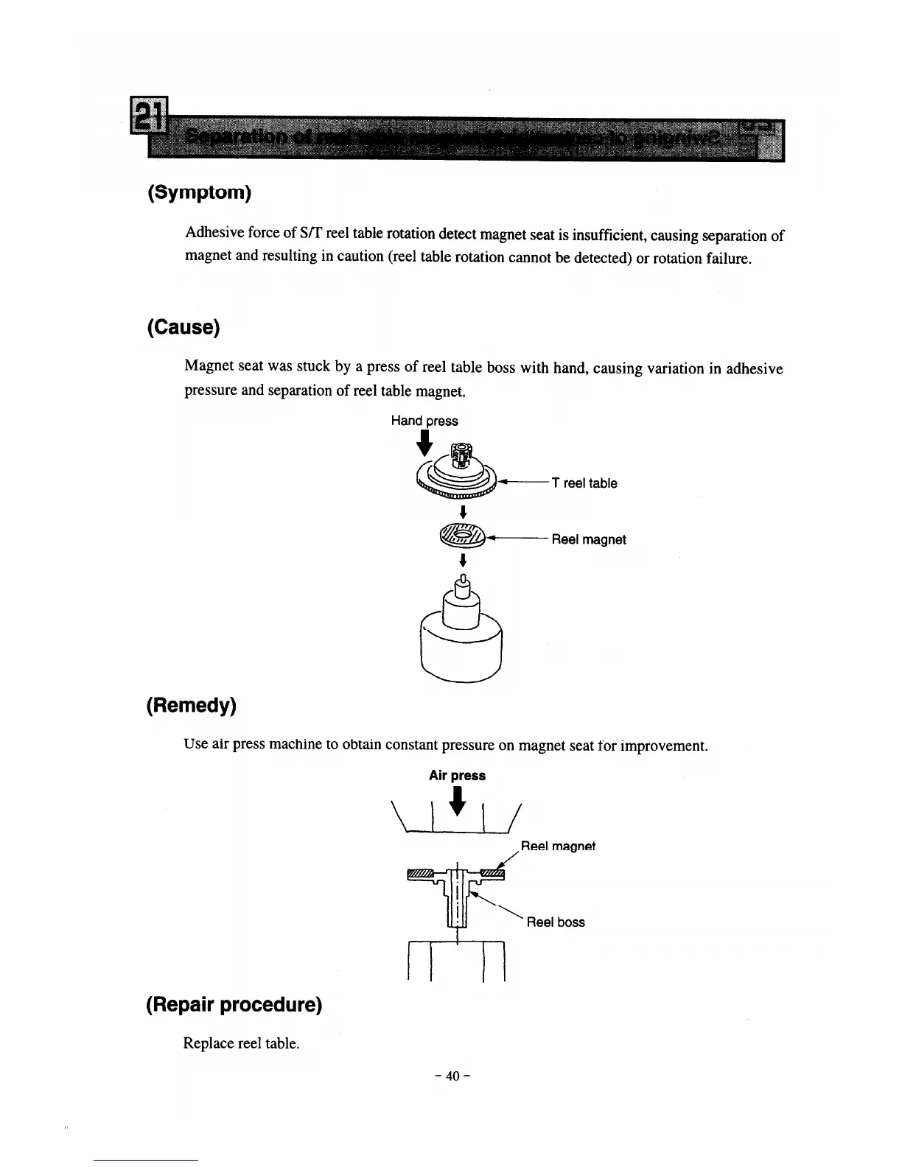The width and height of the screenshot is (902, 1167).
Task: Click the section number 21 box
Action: pos(149,117)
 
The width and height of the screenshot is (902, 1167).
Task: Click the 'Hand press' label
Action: pos(424,421)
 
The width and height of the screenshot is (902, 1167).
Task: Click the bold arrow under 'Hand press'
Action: pos(424,443)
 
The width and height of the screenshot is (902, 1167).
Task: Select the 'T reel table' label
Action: pos(584,483)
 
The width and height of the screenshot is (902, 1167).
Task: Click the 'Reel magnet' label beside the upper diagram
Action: pos(588,539)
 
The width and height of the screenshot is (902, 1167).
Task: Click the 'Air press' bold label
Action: pos(457,775)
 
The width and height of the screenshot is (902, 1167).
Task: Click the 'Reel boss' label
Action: pos(556,922)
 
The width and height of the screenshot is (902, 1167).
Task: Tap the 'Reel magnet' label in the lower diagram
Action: pos(558,846)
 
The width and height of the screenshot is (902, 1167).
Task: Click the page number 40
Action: pos(452,1076)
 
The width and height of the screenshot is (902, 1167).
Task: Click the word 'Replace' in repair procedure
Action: pos(209,1043)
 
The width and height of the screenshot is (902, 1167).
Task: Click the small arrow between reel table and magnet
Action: pos(463,512)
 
